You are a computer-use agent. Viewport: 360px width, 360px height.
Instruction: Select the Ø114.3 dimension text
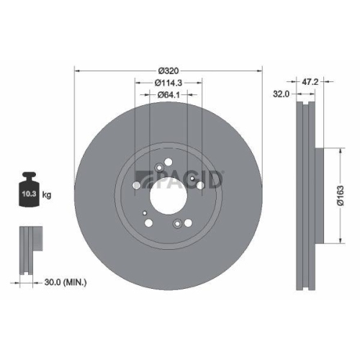click(x=168, y=83)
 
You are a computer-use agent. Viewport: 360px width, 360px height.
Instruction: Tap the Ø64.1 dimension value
click(x=168, y=97)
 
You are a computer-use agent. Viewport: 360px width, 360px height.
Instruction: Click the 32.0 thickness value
click(x=281, y=94)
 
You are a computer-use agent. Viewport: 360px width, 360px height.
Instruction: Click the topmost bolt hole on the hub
click(x=168, y=163)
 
